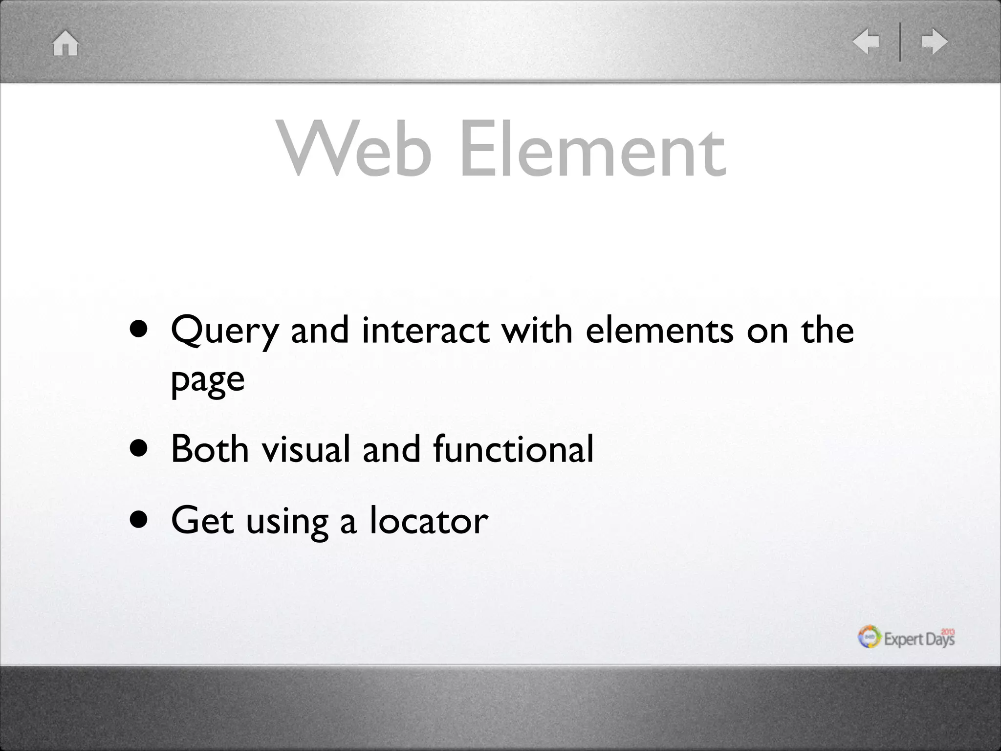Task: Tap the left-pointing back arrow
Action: pos(866,42)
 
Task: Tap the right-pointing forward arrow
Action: pos(934,42)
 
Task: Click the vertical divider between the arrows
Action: pos(900,42)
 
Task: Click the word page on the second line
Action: pos(208,381)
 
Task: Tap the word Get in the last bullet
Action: pos(202,520)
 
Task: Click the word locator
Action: pos(429,520)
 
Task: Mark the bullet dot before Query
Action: pos(139,331)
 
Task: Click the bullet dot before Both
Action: pos(139,449)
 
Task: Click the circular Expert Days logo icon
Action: pos(870,637)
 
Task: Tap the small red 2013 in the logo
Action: pos(948,632)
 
